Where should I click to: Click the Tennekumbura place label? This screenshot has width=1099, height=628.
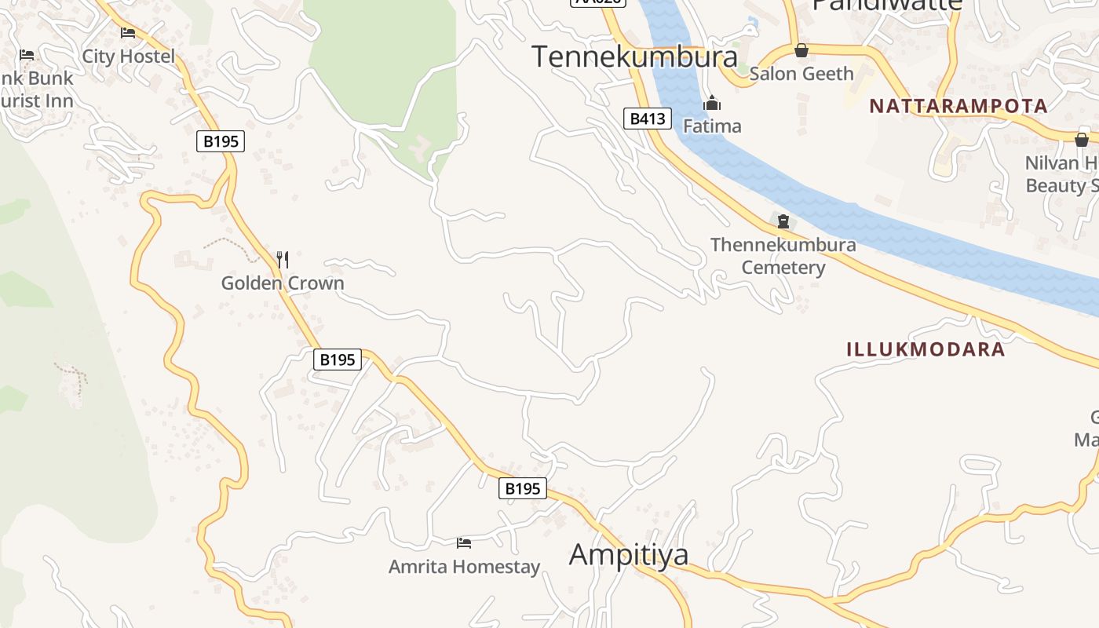(634, 57)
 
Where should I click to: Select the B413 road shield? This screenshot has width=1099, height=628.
(648, 119)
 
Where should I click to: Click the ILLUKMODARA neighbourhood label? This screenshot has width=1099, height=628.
(926, 349)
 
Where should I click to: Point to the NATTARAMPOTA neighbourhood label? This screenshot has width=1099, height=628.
(958, 106)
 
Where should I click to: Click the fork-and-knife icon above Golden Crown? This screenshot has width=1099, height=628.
(283, 259)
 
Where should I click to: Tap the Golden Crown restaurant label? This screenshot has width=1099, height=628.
(283, 283)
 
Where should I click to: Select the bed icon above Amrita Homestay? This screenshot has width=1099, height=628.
(464, 542)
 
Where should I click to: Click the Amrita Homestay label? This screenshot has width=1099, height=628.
(464, 567)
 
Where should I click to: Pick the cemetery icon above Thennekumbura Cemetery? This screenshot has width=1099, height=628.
(783, 221)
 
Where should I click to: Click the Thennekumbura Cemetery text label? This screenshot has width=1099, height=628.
(783, 256)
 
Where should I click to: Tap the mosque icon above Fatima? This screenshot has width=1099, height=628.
(712, 103)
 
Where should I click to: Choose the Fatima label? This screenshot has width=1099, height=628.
(712, 126)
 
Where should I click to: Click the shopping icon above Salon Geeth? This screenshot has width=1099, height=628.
(801, 50)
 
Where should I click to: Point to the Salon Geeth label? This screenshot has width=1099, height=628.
(801, 74)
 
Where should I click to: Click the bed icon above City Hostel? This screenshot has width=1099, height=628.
(128, 33)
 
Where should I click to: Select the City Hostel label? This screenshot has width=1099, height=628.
(129, 57)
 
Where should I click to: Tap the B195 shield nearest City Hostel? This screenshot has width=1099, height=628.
(221, 141)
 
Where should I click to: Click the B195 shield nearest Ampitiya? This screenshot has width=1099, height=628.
(522, 488)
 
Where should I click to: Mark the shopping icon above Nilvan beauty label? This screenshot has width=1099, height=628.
(1081, 140)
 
